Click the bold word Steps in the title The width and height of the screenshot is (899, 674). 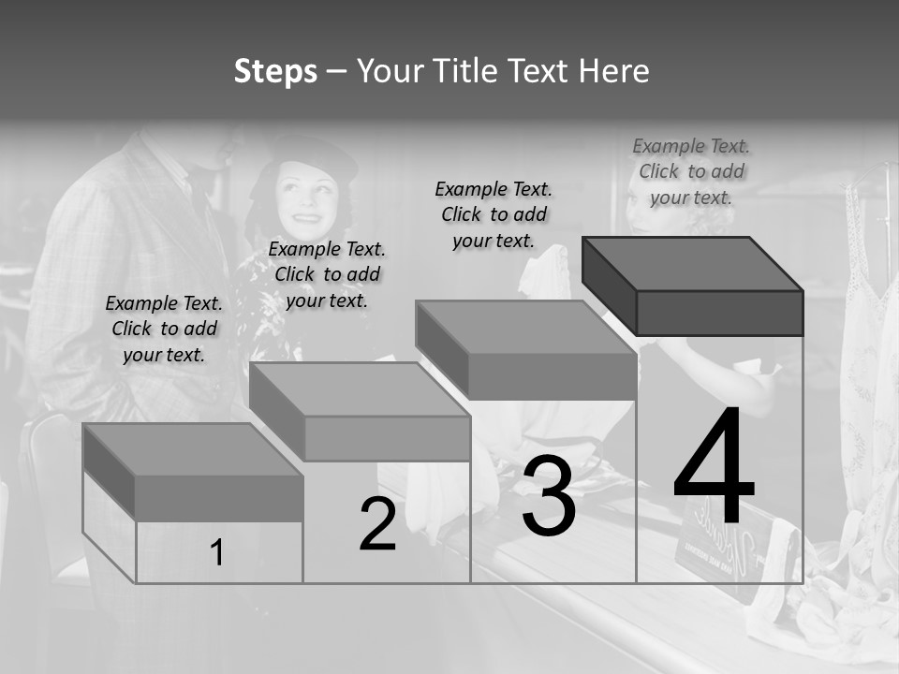[275, 71]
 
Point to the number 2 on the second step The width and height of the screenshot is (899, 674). [377, 524]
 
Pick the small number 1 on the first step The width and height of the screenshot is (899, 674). [217, 553]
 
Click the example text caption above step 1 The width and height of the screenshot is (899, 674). [164, 329]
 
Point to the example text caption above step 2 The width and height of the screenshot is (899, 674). [327, 274]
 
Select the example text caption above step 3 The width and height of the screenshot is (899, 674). [494, 214]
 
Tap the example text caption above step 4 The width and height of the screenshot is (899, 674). [691, 171]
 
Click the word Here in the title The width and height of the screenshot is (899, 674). [613, 71]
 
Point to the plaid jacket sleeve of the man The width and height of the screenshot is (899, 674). [70, 281]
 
